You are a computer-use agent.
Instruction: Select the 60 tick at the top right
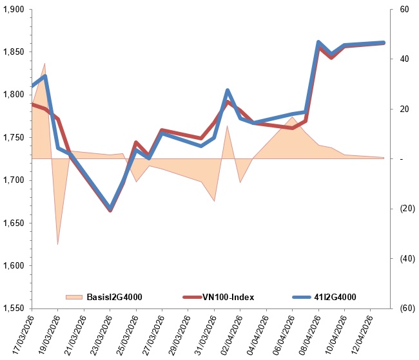coord(404,10)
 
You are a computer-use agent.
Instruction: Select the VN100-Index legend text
coord(229,297)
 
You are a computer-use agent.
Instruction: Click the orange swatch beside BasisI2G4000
coord(74,297)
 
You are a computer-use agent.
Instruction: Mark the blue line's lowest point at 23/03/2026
coord(110,208)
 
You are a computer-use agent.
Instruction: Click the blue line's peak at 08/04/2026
coord(318,43)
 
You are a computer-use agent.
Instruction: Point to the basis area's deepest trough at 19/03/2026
coord(58,244)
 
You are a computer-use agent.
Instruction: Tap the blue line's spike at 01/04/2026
coord(228,91)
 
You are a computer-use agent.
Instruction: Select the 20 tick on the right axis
coord(404,109)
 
